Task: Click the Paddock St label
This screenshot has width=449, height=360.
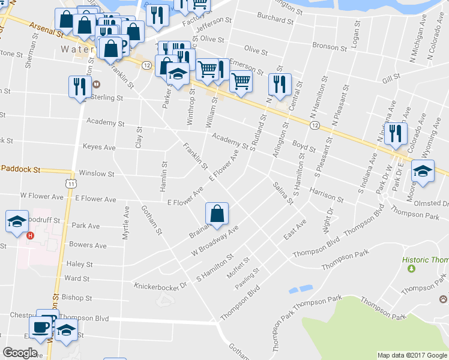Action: tap(20, 170)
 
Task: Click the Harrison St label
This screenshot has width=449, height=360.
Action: tap(327, 194)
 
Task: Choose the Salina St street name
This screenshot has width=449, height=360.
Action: tap(282, 193)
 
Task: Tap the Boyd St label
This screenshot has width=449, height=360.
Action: tap(304, 146)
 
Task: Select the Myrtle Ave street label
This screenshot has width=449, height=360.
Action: tap(126, 223)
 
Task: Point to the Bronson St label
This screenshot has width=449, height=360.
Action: tap(326, 46)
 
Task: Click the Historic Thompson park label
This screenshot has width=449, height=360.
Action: tap(426, 260)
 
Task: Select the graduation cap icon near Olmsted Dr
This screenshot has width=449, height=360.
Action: tap(423, 172)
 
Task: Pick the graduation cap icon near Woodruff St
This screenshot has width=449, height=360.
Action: tap(17, 221)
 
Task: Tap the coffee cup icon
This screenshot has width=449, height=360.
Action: tap(41, 327)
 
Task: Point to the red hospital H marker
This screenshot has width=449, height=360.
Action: tap(30, 235)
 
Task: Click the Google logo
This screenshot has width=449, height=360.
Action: tap(20, 353)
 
